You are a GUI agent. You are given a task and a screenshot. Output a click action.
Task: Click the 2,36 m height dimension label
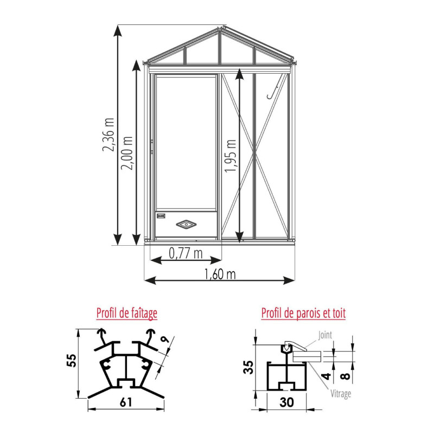108,135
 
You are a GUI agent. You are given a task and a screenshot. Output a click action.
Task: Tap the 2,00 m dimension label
127,153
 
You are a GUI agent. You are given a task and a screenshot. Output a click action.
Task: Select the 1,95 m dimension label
230,156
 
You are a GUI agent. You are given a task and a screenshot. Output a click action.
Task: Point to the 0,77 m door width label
186,253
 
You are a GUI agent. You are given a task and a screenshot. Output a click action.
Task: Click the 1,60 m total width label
220,274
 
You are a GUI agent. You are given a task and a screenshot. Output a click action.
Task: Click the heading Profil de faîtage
127,313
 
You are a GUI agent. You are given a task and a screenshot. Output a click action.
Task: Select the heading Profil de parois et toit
303,313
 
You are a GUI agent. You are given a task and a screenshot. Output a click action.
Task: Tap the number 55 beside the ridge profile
72,360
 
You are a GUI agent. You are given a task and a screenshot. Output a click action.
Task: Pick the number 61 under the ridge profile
126,402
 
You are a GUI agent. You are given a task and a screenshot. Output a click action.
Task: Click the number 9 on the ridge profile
165,340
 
